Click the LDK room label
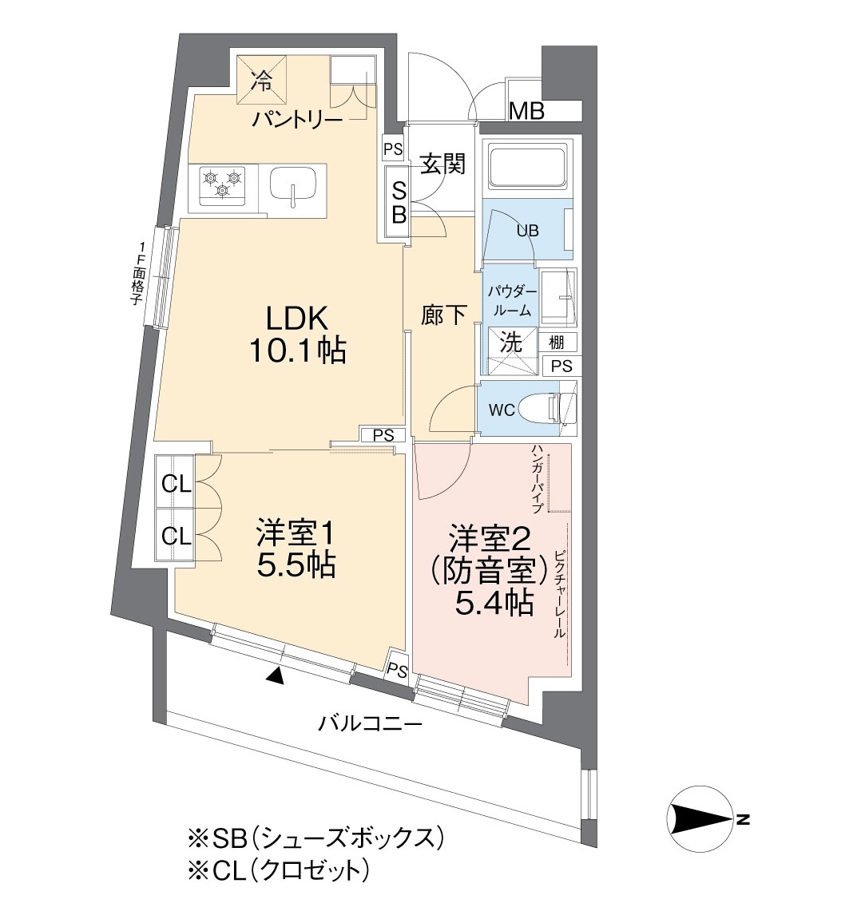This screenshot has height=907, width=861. tap(297, 335)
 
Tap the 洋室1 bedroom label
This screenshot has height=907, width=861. tap(296, 549)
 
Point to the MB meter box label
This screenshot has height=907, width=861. tap(526, 110)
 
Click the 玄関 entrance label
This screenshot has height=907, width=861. tap(442, 164)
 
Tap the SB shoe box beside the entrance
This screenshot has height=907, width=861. tap(399, 201)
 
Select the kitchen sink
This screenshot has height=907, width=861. tap(293, 186)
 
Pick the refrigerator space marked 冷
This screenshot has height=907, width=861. tap(262, 80)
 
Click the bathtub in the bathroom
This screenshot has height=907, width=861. tap(526, 167)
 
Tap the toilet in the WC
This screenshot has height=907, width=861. tap(547, 409)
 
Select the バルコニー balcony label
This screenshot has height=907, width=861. tap(371, 723)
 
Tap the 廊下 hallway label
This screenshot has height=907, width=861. tap(443, 315)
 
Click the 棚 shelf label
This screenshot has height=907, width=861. tap(556, 343)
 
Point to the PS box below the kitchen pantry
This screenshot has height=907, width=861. tap(393, 149)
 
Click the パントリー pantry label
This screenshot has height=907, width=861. tap(297, 120)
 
